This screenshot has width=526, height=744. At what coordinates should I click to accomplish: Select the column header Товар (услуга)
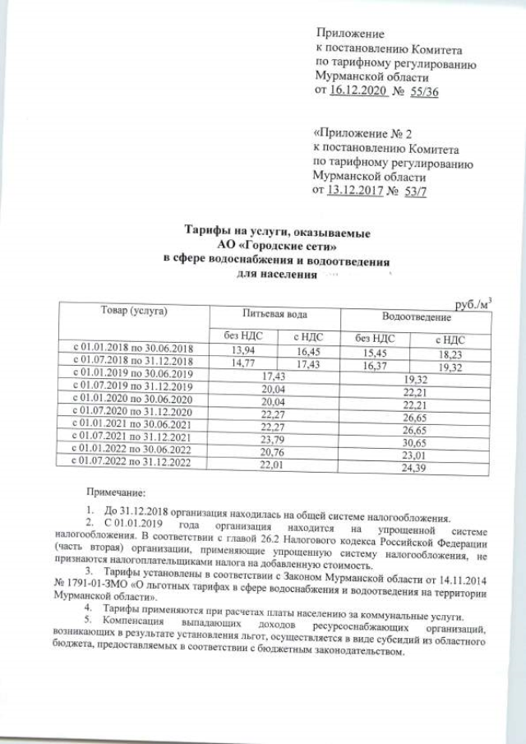(134, 312)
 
